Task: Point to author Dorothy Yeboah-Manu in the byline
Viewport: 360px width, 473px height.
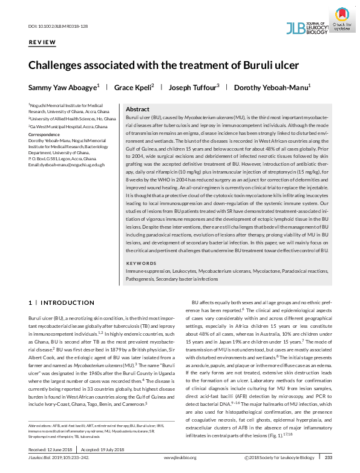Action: [x=271, y=87]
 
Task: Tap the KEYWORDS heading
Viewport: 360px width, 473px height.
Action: [x=140, y=264]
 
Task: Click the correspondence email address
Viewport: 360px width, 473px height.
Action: [x=67, y=165]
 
